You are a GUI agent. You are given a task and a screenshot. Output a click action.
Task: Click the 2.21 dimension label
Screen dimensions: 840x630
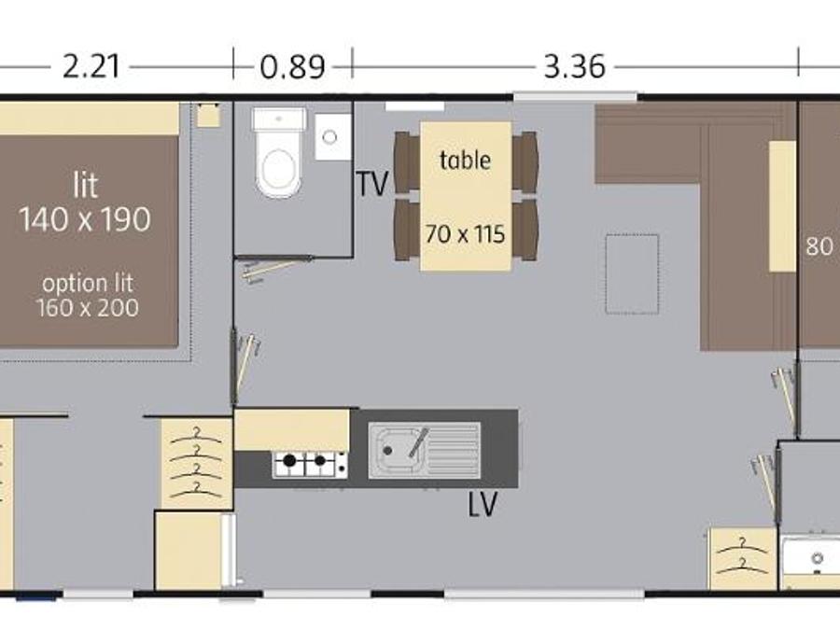91,67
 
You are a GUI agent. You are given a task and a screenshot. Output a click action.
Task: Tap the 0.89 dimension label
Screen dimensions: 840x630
292,67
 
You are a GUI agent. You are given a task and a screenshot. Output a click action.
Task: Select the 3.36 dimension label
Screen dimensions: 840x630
574,67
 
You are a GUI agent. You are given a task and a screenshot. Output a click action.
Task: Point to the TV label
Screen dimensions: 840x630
371,184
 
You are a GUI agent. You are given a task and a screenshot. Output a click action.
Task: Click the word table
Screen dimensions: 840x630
465,160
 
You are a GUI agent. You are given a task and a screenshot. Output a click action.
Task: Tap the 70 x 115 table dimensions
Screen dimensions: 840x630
465,234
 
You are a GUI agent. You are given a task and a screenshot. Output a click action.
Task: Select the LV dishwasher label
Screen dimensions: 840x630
483,504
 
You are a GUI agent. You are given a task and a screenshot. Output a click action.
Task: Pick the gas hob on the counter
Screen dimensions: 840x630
309,464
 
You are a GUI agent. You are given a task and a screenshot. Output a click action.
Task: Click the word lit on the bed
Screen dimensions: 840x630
85,186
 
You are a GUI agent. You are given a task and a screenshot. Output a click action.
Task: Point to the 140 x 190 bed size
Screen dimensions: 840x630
85,219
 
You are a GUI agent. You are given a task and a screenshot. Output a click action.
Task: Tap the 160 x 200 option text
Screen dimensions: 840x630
87,307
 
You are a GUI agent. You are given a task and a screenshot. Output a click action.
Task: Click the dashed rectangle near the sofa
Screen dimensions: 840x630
632,274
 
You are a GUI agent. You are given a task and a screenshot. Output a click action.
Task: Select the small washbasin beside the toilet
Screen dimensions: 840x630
332,136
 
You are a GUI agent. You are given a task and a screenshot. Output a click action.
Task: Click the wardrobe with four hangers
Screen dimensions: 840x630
197,463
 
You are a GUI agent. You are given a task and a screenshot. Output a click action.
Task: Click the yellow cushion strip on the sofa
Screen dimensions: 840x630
782,206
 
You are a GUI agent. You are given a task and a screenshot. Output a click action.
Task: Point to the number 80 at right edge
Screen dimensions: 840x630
819,247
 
